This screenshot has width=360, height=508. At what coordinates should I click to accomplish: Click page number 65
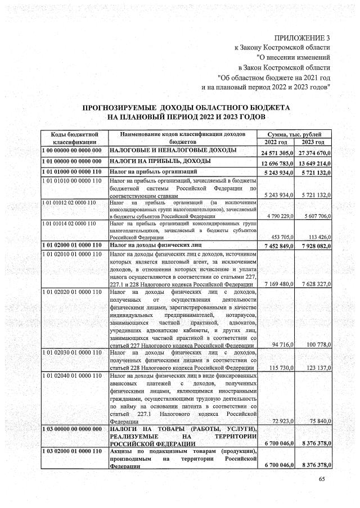coord(322,479)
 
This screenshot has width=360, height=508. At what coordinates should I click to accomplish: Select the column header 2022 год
coord(276,142)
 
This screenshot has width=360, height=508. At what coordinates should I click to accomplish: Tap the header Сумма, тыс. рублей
coord(295,134)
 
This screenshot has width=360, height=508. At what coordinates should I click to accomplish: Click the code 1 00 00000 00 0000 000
coord(71,151)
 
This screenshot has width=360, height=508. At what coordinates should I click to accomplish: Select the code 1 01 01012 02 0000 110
coord(69,201)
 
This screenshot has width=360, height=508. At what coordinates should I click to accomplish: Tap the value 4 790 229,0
coord(280,216)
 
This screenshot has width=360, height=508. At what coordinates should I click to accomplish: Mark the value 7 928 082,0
coord(315,246)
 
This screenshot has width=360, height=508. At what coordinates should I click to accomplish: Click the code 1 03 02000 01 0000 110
coord(71,451)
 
